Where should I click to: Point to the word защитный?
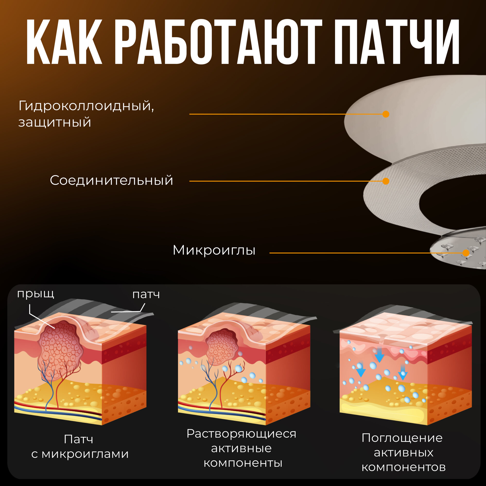tap(55, 122)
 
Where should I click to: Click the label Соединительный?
tap(112, 180)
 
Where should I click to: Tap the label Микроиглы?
tap(214, 250)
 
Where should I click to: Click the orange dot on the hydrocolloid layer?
tap(386, 114)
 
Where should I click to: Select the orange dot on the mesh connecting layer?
tap(386, 181)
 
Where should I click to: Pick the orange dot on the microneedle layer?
tap(466, 253)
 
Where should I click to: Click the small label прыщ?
tap(35, 294)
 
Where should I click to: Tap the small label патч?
tap(146, 294)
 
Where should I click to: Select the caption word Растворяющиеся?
tap(242, 434)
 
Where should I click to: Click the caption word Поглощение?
tap(402, 438)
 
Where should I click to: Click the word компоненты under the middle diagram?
tap(243, 463)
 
